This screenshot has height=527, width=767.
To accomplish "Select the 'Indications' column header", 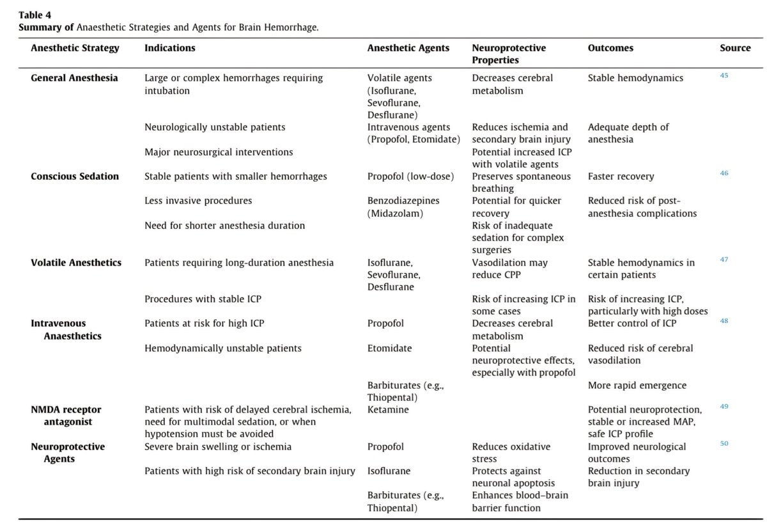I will point(170,48).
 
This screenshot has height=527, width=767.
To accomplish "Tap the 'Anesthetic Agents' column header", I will point(408,48).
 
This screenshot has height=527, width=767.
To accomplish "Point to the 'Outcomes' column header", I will point(610,48).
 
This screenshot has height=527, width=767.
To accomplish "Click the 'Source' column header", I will point(735,48).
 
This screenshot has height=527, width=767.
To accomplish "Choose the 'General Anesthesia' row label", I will point(75,78).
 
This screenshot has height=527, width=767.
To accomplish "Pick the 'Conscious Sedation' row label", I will point(75,177).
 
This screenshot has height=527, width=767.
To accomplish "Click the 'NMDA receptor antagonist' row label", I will point(66,416).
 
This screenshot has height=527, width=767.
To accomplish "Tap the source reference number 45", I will point(724,75).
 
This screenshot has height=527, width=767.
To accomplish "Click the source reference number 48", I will point(724,321).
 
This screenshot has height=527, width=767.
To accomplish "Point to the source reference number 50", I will point(724,444).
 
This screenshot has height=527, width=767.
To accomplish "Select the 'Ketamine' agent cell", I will point(388,410).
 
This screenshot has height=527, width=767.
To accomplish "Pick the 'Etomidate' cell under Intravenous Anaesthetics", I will point(390,349).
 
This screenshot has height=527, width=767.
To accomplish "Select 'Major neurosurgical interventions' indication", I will point(219,152).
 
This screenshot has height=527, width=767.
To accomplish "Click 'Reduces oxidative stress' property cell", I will point(511,453).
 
